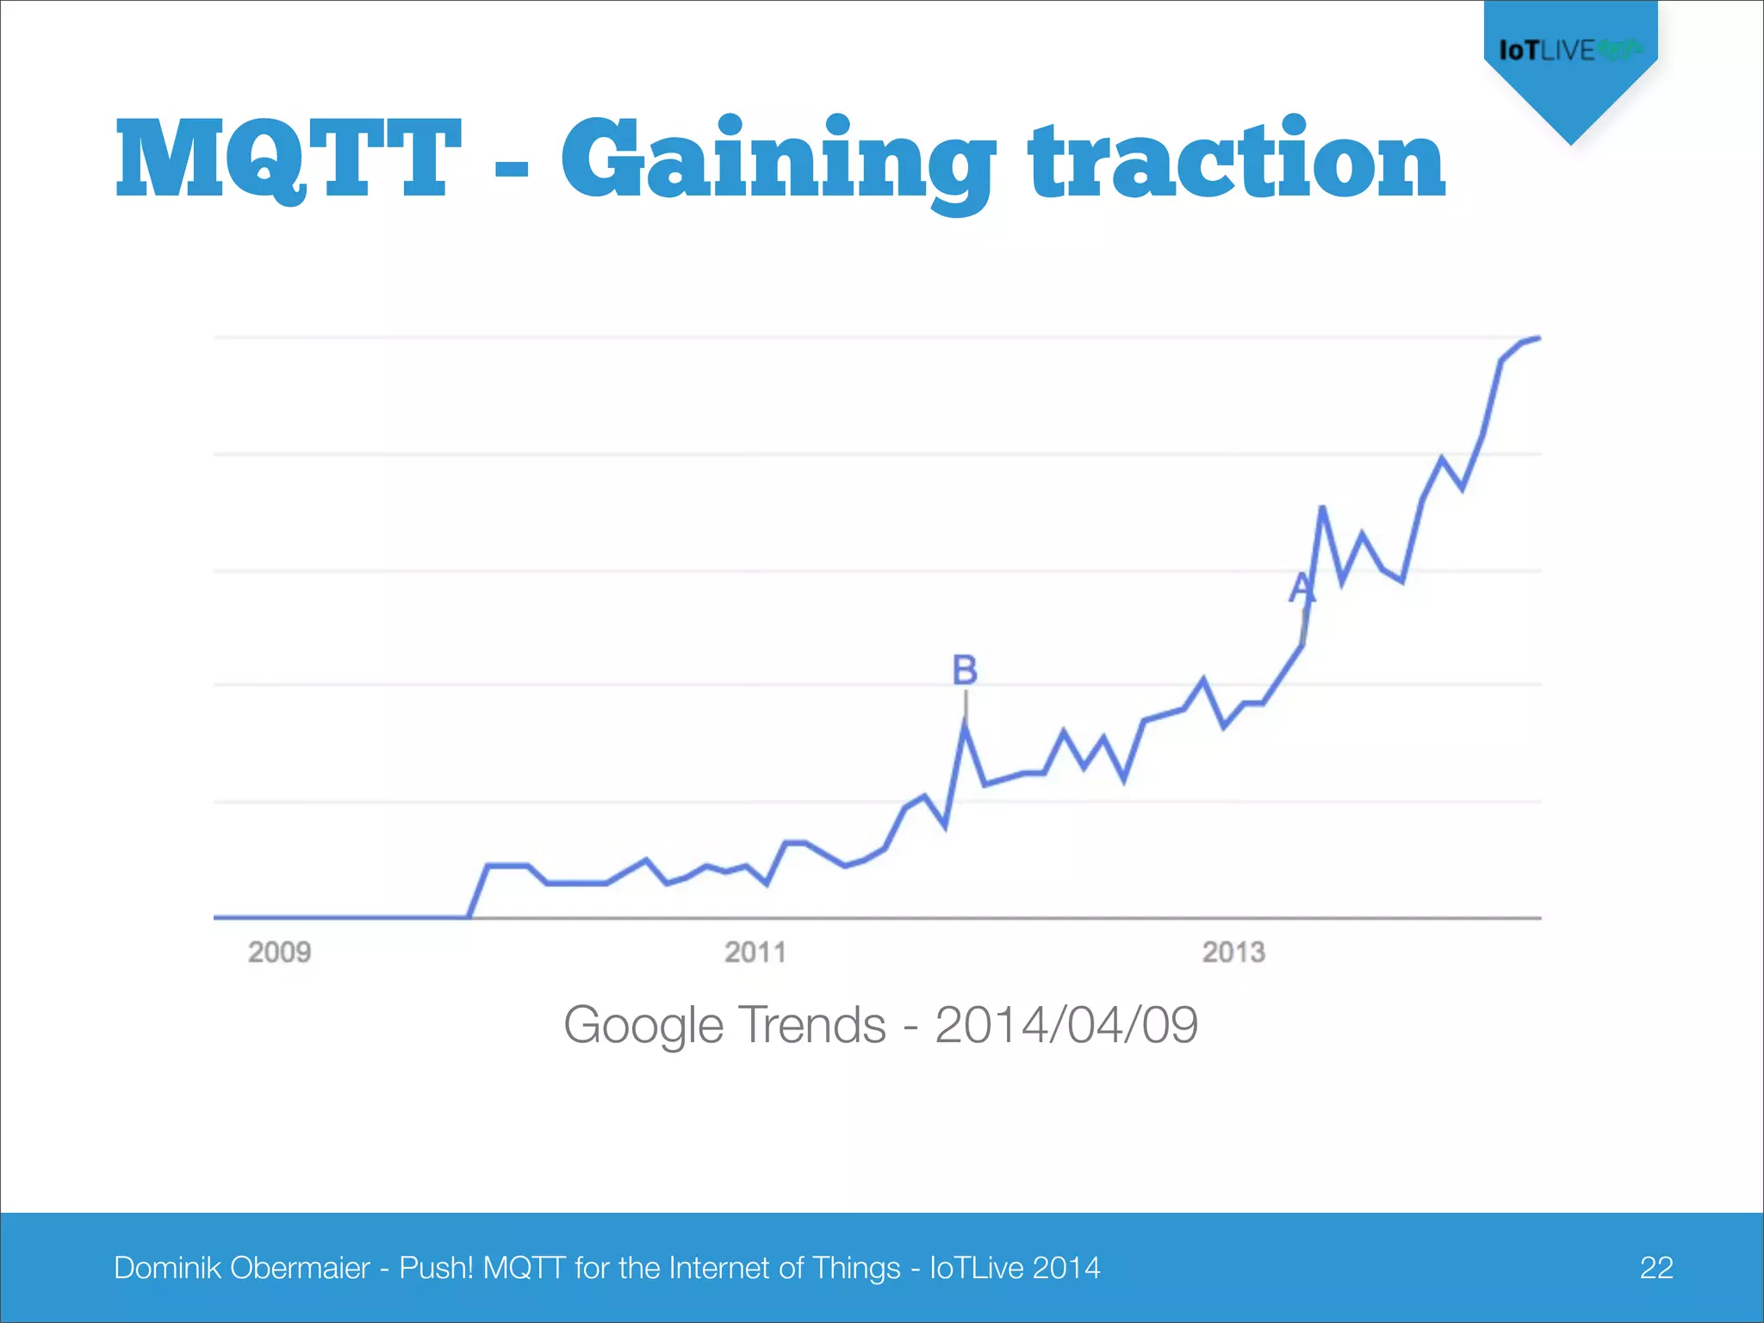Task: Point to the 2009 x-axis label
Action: point(279,953)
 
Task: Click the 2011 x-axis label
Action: point(755,953)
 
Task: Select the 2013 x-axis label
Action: point(1233,953)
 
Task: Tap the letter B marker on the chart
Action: point(965,670)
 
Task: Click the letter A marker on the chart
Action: point(1301,588)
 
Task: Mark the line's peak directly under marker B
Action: point(965,726)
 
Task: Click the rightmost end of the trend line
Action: point(1538,339)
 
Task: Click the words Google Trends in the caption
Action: point(724,1025)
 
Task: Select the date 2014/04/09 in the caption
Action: point(1066,1025)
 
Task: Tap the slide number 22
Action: point(1655,1268)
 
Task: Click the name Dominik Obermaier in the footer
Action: point(242,1268)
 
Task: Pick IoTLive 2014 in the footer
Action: point(1015,1268)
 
